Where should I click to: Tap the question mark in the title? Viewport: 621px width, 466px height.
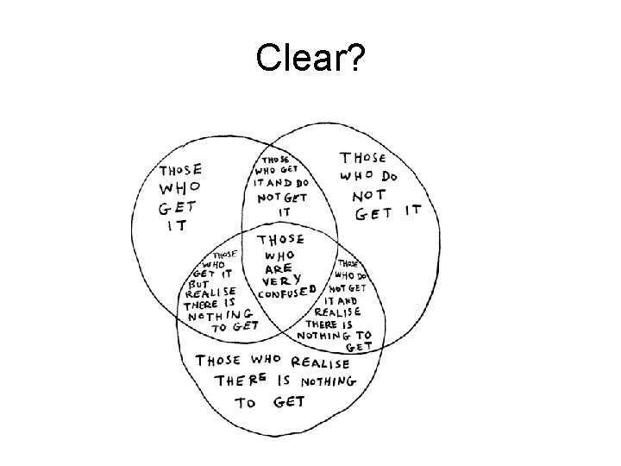tap(354, 59)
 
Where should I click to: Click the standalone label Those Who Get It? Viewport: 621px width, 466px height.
tap(179, 198)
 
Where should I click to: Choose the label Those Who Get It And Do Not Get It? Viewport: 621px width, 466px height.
tap(280, 185)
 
